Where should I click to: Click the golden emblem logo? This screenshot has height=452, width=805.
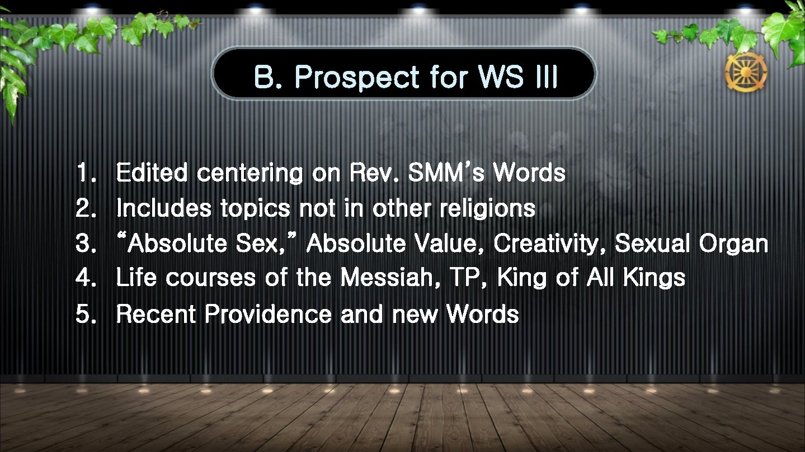(746, 73)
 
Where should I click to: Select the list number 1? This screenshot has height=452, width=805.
(84, 174)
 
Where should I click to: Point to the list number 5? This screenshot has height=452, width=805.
(84, 315)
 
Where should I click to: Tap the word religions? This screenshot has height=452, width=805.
(487, 209)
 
